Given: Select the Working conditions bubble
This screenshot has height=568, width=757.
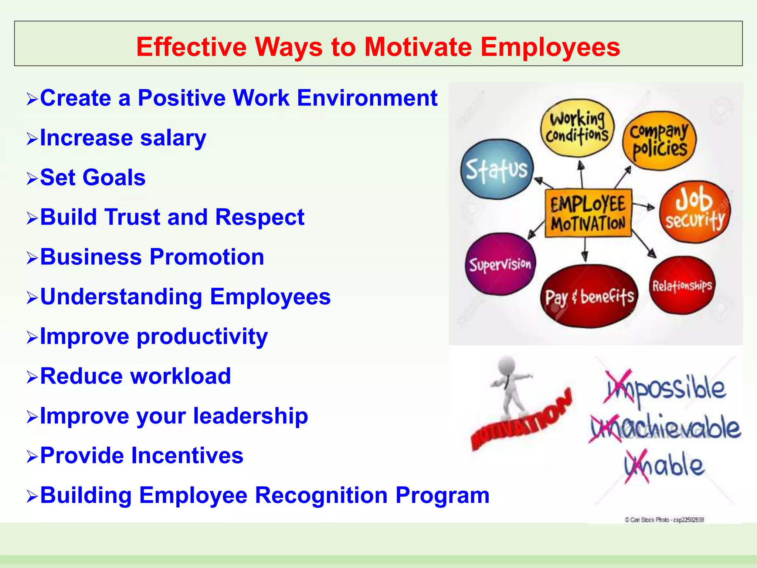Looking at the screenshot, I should point(577,128).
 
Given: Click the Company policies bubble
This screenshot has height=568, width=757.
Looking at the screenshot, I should point(659,141).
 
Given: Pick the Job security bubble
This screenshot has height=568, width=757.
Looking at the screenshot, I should point(695,212).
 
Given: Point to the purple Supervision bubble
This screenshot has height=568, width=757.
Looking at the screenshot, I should point(500,264).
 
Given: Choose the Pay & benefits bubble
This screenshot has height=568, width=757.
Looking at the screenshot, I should point(589,296).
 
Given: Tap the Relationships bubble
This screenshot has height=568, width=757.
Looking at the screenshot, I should point(682,285).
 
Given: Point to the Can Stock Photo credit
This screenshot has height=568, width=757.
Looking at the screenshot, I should point(664,520).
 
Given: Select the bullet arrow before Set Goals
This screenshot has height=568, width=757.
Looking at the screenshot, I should point(32,179).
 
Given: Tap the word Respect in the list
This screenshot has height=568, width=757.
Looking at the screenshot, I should point(259,217).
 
